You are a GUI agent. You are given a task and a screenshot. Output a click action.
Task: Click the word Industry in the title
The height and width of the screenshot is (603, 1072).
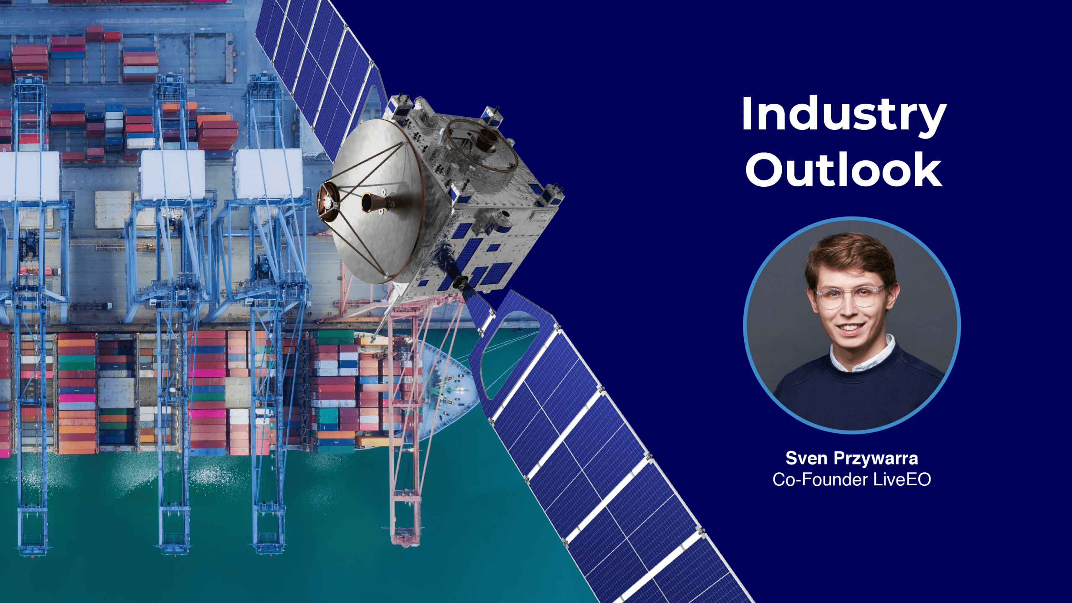tap(843, 114)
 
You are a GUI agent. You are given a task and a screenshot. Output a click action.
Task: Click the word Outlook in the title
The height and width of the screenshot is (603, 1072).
tap(843, 170)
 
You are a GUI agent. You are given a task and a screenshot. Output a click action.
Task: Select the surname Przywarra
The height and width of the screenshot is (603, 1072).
tap(876, 459)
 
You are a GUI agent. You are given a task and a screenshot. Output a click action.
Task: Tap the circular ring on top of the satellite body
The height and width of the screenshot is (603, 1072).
tap(482, 144)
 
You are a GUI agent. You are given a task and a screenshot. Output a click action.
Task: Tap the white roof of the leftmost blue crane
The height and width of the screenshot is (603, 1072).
tap(29, 176)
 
